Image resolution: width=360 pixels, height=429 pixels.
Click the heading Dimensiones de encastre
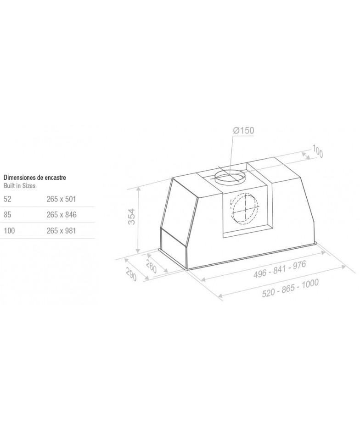tap(35, 178)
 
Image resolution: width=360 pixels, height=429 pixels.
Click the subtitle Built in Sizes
tap(19, 185)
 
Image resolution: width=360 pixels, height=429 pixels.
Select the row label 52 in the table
tap(7, 199)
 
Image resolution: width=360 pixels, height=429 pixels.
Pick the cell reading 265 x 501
tap(61, 199)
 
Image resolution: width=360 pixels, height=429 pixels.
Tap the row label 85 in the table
tap(7, 215)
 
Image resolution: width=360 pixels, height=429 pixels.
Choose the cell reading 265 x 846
tap(62, 215)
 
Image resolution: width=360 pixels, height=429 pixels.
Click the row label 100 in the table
tap(9, 230)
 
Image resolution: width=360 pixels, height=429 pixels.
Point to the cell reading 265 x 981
tap(61, 230)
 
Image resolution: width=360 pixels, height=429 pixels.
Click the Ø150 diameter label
tap(243, 130)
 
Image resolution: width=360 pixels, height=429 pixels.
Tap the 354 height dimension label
tap(132, 217)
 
